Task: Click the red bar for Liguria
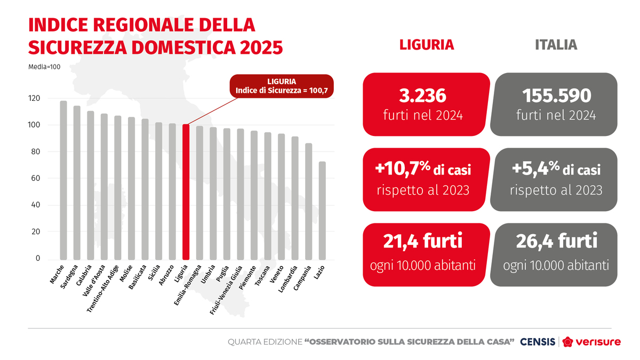(186, 192)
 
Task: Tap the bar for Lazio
(322, 210)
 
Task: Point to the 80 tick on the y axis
(35, 152)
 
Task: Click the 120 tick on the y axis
(34, 99)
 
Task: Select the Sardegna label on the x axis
(70, 276)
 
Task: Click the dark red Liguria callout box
(281, 86)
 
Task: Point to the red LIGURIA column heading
(427, 45)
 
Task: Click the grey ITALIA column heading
(556, 45)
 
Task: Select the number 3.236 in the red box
(426, 97)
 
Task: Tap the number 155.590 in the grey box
(556, 97)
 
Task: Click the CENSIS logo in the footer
(537, 341)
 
